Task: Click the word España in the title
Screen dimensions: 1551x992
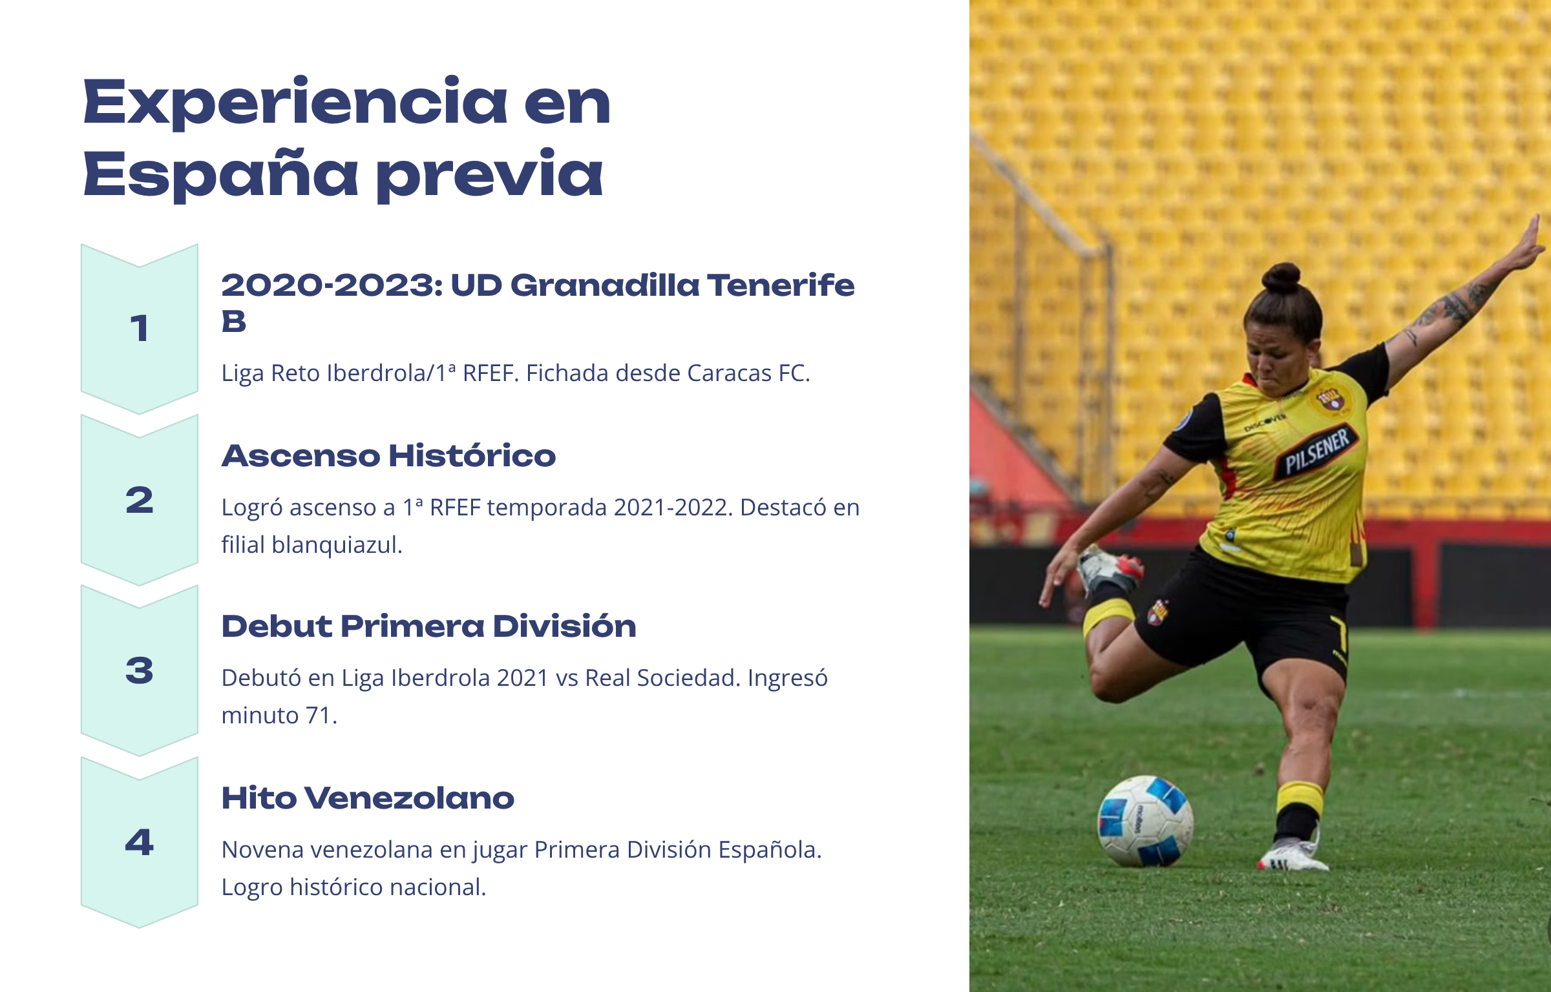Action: (220, 174)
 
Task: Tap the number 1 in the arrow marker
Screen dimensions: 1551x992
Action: (140, 328)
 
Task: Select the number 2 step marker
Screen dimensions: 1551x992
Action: (140, 500)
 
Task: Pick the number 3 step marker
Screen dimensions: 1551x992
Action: (140, 670)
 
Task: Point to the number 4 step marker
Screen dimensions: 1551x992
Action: (140, 842)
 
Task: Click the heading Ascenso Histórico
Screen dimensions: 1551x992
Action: (388, 456)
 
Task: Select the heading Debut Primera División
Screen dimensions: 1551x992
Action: (428, 626)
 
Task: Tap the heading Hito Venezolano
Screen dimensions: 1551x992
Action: (368, 798)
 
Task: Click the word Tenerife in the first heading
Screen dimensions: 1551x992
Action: (781, 285)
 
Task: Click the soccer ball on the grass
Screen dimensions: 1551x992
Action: (1145, 821)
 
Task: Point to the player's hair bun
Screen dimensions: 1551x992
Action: (1282, 278)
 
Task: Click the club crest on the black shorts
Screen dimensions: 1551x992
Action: (1157, 612)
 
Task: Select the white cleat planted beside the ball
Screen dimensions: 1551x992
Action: (1292, 854)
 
